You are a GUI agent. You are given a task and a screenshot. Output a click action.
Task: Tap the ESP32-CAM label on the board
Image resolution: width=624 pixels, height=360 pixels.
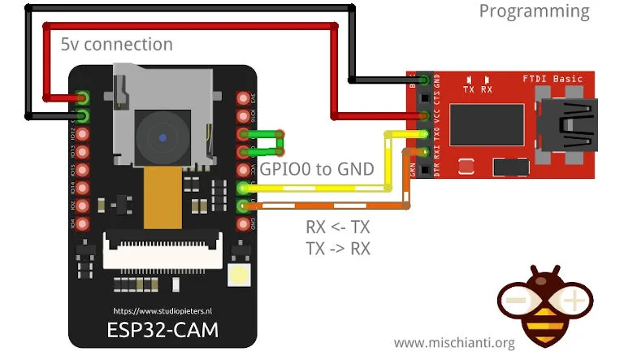[162, 330]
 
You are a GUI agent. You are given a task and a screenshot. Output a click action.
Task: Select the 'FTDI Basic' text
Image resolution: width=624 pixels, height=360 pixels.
[552, 79]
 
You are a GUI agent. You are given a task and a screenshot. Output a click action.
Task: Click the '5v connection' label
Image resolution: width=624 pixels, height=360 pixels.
[116, 44]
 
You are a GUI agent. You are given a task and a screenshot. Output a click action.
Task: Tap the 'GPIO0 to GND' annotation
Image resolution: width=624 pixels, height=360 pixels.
[317, 170]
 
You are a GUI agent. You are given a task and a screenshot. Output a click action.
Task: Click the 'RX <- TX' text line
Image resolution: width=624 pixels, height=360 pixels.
[337, 228]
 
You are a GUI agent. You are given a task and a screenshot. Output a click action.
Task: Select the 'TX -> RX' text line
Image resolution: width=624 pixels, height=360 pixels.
[337, 249]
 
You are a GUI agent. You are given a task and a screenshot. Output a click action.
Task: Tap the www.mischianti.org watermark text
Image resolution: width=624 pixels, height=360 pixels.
[454, 344]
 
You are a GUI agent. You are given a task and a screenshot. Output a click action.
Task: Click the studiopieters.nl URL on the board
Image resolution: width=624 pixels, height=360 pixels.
[162, 310]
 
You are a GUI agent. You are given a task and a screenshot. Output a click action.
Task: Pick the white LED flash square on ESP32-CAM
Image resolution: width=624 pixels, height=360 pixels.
[241, 277]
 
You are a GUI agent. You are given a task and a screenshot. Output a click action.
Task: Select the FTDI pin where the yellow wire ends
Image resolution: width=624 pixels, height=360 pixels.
[423, 133]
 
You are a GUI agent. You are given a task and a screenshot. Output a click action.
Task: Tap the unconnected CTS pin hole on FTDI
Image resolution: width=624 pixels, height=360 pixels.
[423, 98]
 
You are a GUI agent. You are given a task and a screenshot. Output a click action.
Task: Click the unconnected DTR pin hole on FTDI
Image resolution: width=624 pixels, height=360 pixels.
[423, 169]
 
